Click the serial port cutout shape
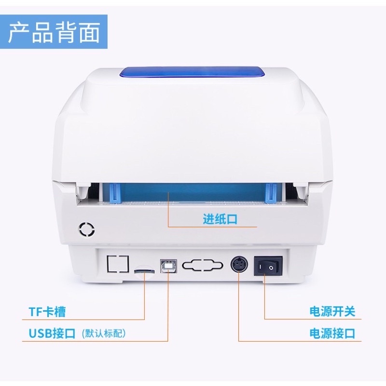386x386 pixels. pyautogui.click(x=202, y=265)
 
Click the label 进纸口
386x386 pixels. pyautogui.click(x=220, y=220)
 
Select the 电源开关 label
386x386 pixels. pyautogui.click(x=332, y=312)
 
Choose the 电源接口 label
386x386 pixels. pyautogui.click(x=332, y=333)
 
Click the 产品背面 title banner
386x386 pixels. pyautogui.click(x=54, y=32)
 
